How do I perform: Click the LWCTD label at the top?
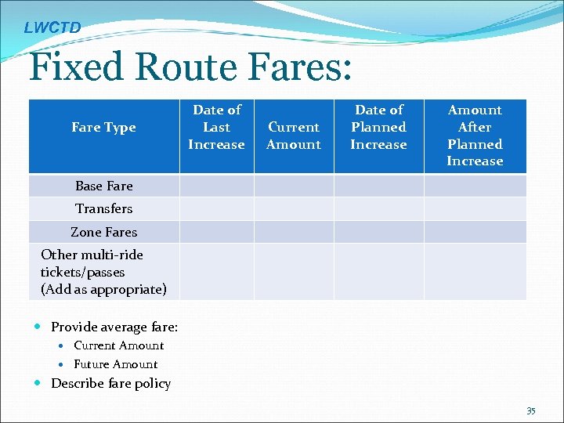pos(52,28)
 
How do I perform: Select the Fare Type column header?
pos(103,128)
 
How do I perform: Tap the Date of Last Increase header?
pos(216,127)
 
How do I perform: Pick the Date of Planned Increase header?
pos(378,127)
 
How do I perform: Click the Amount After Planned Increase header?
pos(475,136)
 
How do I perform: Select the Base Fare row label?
pos(103,186)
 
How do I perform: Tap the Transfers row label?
pos(103,208)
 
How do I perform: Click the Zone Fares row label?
pos(103,232)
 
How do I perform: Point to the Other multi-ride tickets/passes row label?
pos(103,272)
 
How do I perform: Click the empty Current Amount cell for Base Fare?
pos(294,186)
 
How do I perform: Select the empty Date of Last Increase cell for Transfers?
pos(216,208)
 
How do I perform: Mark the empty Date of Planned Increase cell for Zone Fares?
pos(378,232)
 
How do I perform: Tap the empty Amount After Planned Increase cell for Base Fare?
pos(475,186)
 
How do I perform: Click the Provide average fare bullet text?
pos(114,327)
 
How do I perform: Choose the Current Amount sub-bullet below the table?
pos(118,345)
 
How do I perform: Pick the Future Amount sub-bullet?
pos(115,364)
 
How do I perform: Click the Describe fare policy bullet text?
pos(110,383)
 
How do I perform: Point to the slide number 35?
pos(530,410)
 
